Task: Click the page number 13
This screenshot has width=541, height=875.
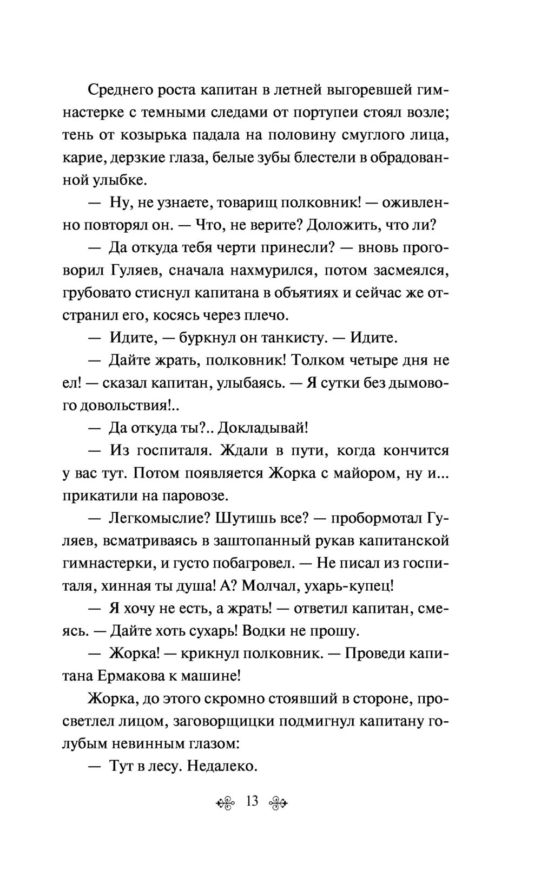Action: [x=252, y=801]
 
